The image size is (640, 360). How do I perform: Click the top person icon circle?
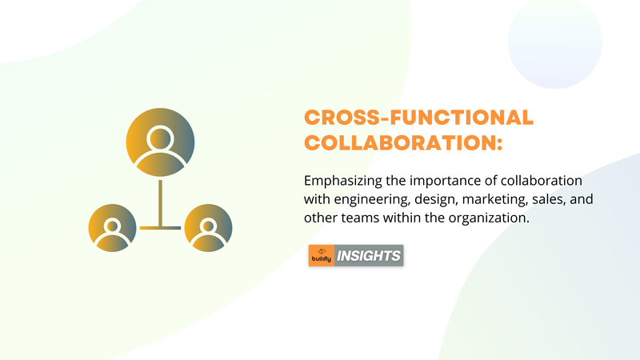coord(160,142)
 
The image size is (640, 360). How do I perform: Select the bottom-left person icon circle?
coord(112,228)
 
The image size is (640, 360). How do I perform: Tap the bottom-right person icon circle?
coord(208,228)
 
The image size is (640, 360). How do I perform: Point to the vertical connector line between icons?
coord(161,203)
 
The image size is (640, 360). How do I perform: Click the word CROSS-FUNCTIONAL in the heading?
coord(418,118)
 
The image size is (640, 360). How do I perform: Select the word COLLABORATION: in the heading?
coord(403,143)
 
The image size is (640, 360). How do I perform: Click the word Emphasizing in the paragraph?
coord(343,181)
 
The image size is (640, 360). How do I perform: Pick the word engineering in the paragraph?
coord(372,199)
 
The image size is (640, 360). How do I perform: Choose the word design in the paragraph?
coord(436,199)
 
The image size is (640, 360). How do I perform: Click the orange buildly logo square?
coord(322,255)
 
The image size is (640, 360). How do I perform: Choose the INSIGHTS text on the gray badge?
coord(369,256)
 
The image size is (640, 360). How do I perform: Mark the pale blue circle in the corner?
coord(554,42)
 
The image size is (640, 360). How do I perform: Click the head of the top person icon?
coord(160,138)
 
